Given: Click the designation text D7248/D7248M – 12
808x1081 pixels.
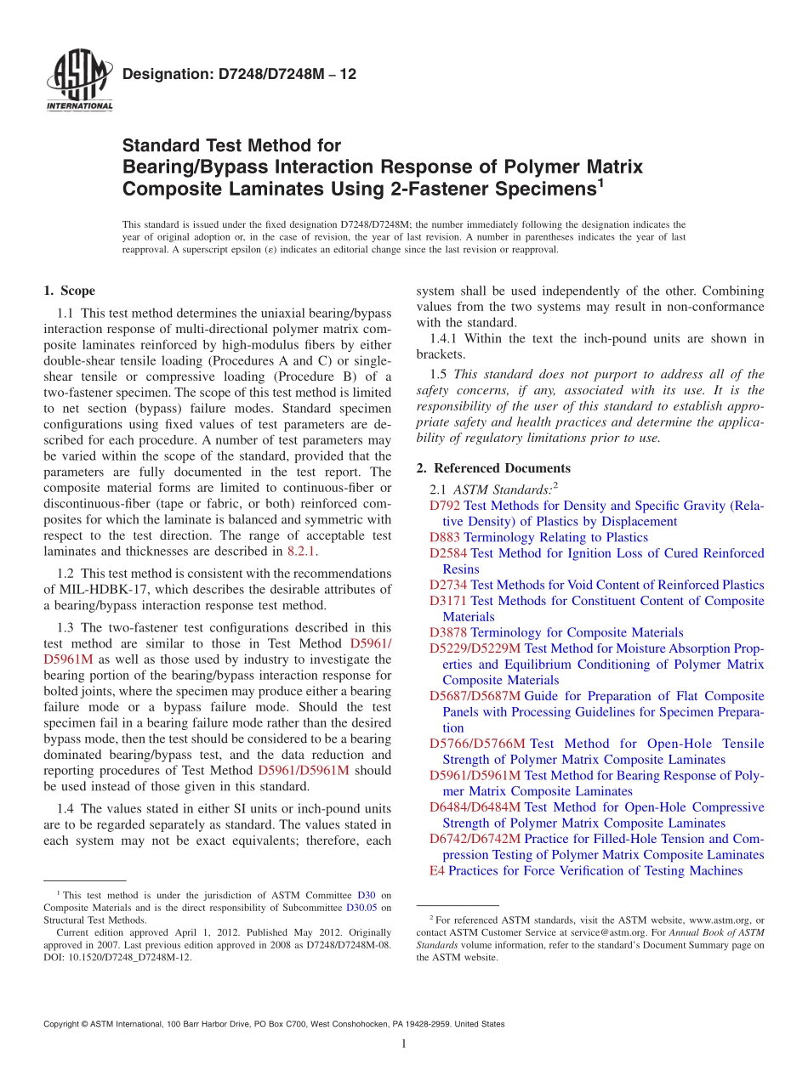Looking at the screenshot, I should (x=239, y=75).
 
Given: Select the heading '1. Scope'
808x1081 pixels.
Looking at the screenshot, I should (x=69, y=291).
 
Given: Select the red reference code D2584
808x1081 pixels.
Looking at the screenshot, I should (x=448, y=553).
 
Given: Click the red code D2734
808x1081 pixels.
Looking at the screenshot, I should (x=448, y=585).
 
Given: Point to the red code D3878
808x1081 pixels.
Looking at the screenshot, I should (x=448, y=632).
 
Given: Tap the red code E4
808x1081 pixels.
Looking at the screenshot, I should (x=437, y=871).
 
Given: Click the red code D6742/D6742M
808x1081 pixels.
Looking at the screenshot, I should (x=475, y=839).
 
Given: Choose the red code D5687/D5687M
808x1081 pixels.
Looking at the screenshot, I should (x=475, y=696).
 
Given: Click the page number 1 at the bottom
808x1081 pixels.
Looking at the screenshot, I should (x=404, y=1044).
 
